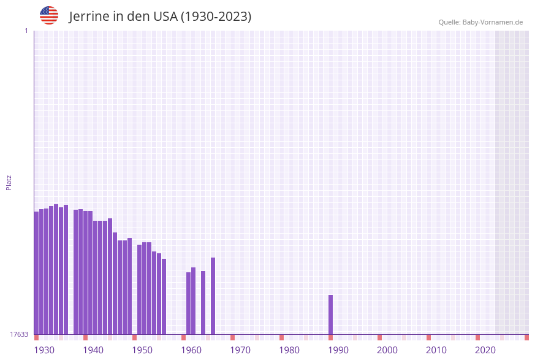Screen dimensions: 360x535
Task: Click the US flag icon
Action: tap(49, 15)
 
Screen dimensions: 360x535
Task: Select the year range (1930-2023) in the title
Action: tap(216, 17)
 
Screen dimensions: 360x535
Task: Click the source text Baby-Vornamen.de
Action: tap(492, 22)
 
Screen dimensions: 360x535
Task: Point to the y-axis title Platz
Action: tap(9, 182)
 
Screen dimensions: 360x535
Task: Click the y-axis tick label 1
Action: tap(26, 31)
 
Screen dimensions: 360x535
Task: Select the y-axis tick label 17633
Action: tap(19, 334)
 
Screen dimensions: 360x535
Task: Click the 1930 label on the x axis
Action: tap(44, 350)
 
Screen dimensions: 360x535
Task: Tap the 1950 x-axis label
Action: tap(142, 350)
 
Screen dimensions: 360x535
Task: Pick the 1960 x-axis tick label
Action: tap(191, 350)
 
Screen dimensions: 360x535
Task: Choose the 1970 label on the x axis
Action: tap(240, 350)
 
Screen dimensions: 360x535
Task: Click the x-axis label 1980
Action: tap(289, 350)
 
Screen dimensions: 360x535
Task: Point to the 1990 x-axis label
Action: tap(338, 350)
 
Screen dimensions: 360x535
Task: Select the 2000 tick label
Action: tap(387, 350)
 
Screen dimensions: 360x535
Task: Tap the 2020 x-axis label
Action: tap(485, 350)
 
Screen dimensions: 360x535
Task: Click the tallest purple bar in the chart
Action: tap(56, 270)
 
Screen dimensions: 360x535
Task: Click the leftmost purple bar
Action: tap(36, 273)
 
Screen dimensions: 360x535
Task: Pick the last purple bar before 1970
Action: tap(213, 296)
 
